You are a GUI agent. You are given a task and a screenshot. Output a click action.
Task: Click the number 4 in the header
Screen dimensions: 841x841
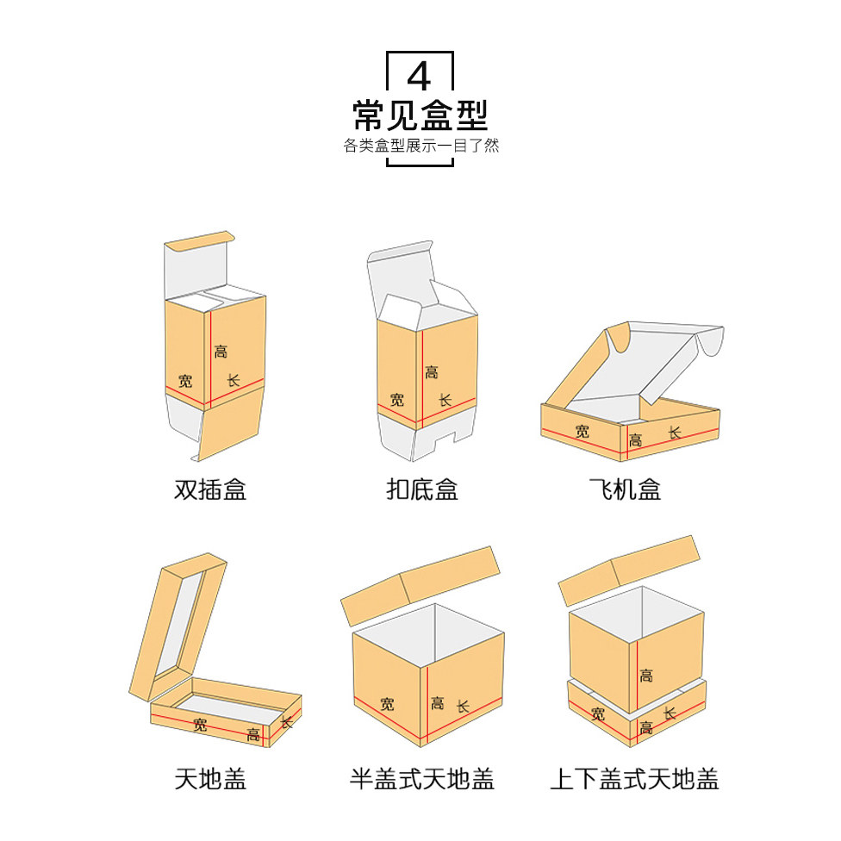click(x=419, y=77)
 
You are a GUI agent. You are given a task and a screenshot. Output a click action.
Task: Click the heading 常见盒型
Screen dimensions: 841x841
click(x=420, y=115)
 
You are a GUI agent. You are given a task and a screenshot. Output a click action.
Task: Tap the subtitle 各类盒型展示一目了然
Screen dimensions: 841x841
click(x=420, y=146)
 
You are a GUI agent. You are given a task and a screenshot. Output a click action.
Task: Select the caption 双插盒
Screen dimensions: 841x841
click(x=210, y=490)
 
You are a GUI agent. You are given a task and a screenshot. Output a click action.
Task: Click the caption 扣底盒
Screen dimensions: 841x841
click(x=421, y=490)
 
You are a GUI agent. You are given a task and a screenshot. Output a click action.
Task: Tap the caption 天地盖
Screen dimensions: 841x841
click(x=210, y=780)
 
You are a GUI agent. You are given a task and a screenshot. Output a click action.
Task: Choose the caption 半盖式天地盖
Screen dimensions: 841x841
click(x=421, y=780)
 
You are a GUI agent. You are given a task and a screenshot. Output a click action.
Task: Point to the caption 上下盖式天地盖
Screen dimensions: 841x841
click(x=634, y=780)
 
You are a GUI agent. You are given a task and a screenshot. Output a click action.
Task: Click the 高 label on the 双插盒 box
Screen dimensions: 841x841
click(x=221, y=352)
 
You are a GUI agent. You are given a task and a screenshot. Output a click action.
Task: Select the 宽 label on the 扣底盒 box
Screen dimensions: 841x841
click(x=396, y=399)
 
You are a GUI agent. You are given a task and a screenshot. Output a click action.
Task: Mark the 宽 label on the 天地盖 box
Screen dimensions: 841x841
click(x=201, y=725)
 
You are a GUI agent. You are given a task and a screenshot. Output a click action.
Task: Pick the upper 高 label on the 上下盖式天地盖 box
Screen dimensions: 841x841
click(x=645, y=675)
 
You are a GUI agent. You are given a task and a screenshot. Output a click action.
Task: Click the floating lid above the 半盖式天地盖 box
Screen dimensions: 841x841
click(x=420, y=586)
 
